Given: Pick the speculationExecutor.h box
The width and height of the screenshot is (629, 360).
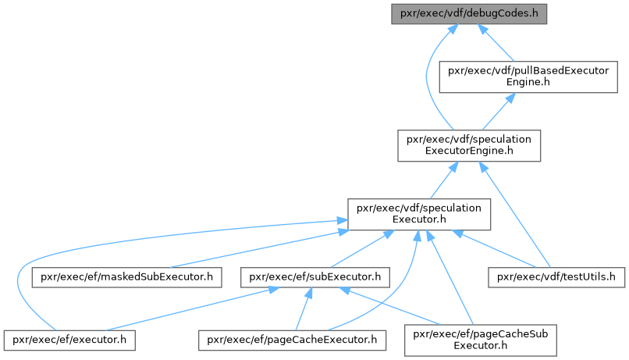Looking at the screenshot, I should [418, 213].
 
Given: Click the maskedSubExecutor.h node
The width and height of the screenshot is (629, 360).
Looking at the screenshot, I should [127, 276].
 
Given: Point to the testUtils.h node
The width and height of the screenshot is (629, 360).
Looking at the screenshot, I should [557, 276].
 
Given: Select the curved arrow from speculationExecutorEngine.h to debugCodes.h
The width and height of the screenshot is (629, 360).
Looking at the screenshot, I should [426, 78].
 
